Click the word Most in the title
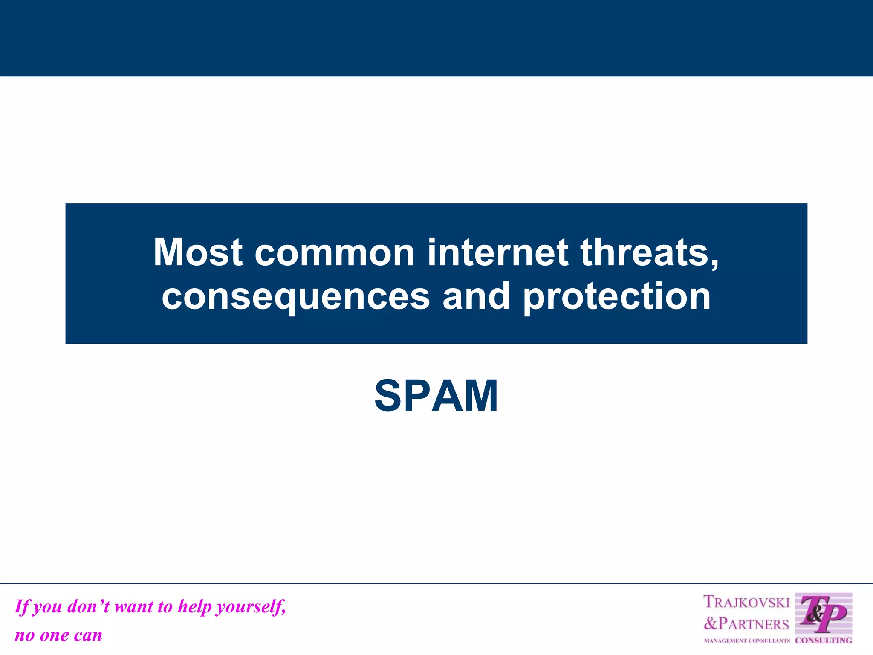(x=198, y=252)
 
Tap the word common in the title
(x=335, y=252)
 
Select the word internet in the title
(x=497, y=252)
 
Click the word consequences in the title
(x=296, y=297)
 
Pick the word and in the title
(x=476, y=296)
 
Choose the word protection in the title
(x=616, y=297)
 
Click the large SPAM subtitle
(x=436, y=396)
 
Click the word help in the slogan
(x=194, y=606)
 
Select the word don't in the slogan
(x=88, y=606)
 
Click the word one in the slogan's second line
(x=55, y=635)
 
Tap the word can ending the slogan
(x=88, y=635)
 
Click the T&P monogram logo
(x=823, y=614)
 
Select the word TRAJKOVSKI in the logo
(x=746, y=602)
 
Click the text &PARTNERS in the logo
(x=746, y=624)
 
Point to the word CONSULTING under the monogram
(x=824, y=640)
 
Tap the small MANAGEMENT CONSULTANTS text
(x=746, y=641)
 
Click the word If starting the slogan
(x=22, y=606)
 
